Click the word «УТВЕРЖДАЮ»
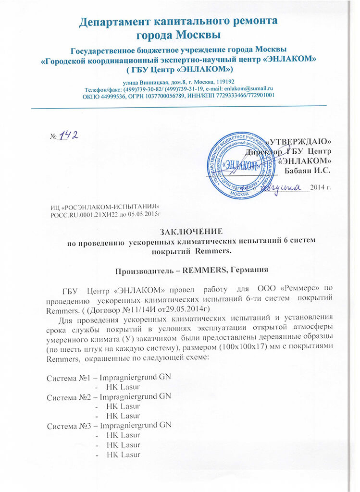coord(300,142)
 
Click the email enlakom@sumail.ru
coord(248,88)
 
